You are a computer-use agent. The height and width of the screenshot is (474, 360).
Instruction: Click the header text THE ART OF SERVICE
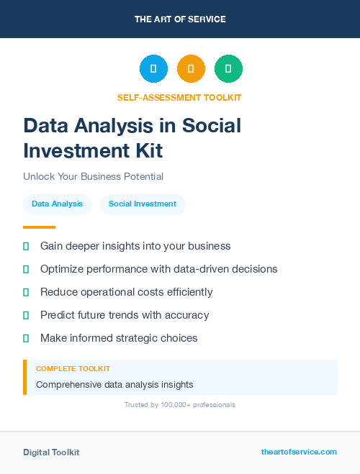pyautogui.click(x=180, y=19)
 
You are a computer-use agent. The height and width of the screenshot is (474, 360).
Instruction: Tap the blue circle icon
pyautogui.click(x=153, y=69)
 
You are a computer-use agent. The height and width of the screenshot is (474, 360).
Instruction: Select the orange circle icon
pyautogui.click(x=191, y=69)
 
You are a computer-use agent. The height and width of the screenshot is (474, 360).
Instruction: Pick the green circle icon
pyautogui.click(x=228, y=69)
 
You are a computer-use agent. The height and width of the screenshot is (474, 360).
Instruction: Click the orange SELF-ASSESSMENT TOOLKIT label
pyautogui.click(x=179, y=97)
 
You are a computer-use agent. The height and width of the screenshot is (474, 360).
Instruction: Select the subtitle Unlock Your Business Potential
pyautogui.click(x=93, y=176)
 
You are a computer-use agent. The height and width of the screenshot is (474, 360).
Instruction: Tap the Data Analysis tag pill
pyautogui.click(x=57, y=204)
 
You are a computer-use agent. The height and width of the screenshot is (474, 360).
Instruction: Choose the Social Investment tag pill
pyautogui.click(x=143, y=204)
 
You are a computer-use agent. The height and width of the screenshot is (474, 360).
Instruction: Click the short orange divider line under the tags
pyautogui.click(x=39, y=227)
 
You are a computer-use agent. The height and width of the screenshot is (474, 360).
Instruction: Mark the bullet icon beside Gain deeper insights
pyautogui.click(x=26, y=246)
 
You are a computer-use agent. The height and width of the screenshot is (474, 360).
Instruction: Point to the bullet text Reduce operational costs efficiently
pyautogui.click(x=126, y=292)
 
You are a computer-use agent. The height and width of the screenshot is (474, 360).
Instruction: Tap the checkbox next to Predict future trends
pyautogui.click(x=26, y=315)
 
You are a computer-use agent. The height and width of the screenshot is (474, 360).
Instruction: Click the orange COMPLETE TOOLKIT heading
pyautogui.click(x=73, y=369)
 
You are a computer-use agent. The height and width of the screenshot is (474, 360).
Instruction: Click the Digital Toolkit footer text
pyautogui.click(x=51, y=452)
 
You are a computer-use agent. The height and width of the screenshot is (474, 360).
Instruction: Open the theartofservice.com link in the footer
pyautogui.click(x=299, y=452)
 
